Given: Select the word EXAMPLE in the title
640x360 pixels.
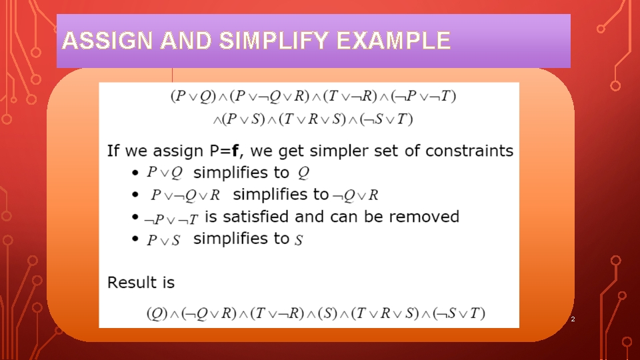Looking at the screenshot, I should (393, 41).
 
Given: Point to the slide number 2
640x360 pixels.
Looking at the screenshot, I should (571, 321).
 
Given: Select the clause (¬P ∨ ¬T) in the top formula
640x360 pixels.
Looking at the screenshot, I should (425, 96).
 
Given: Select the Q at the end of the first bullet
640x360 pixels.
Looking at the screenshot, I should (303, 173).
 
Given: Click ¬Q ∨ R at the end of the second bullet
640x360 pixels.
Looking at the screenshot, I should (355, 195).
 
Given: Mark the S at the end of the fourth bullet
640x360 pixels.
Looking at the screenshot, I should (299, 240).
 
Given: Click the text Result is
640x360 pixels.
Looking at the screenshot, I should (141, 283).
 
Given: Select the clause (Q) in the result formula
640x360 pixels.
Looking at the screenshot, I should (157, 313).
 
